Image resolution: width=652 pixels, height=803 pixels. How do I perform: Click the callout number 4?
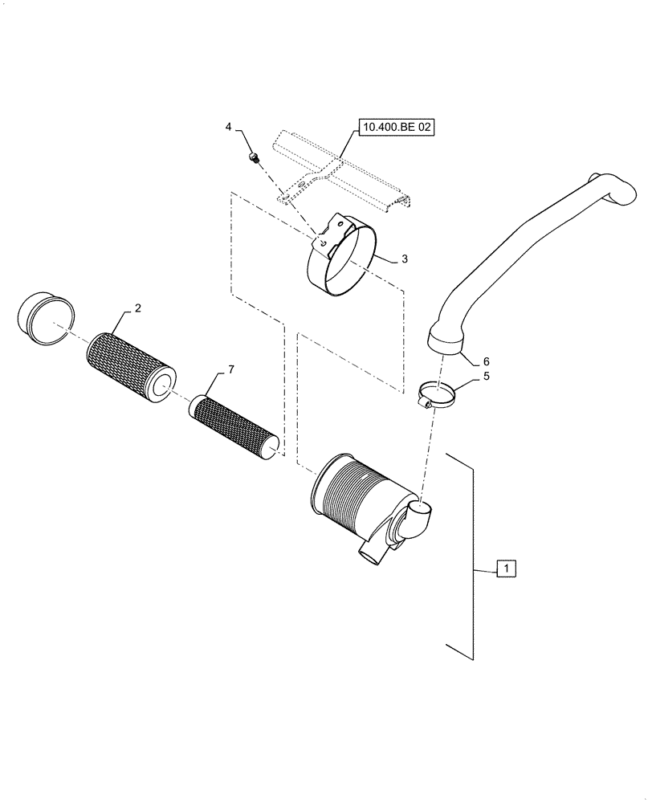tap(229, 127)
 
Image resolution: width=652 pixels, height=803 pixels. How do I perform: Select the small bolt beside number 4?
tap(253, 157)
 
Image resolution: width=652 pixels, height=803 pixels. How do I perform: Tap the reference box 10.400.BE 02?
tap(397, 127)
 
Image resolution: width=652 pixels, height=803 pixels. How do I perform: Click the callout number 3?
tap(404, 259)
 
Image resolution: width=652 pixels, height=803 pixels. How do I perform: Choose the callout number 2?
tap(137, 308)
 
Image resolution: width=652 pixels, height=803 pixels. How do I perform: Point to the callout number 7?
tap(230, 369)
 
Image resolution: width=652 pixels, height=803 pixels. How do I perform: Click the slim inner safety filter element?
tap(237, 426)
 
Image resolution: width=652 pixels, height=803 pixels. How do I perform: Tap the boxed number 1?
tap(506, 569)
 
